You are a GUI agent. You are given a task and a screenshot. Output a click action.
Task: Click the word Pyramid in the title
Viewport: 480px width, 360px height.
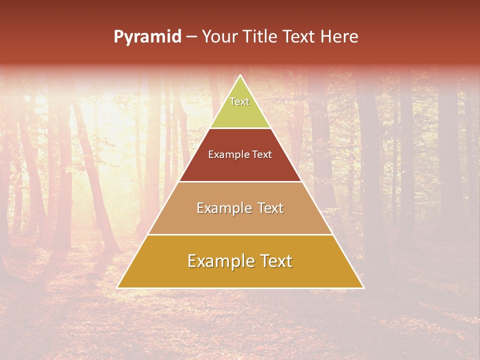(147, 37)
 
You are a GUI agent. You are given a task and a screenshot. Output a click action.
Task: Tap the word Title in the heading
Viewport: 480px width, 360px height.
(262, 37)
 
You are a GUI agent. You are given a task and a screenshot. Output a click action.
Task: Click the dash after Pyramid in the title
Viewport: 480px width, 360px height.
(191, 37)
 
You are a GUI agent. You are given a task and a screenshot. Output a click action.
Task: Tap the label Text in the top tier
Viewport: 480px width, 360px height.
(239, 101)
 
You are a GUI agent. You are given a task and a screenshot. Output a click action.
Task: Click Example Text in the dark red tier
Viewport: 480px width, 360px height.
(240, 154)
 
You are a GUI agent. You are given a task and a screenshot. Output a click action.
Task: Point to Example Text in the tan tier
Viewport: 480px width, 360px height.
(240, 208)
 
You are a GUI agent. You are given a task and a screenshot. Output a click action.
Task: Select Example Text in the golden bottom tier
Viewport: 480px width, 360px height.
(240, 261)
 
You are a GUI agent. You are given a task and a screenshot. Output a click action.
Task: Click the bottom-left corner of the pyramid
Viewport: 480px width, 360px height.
(118, 287)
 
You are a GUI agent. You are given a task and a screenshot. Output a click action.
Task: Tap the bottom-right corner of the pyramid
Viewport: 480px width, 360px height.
(363, 287)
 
